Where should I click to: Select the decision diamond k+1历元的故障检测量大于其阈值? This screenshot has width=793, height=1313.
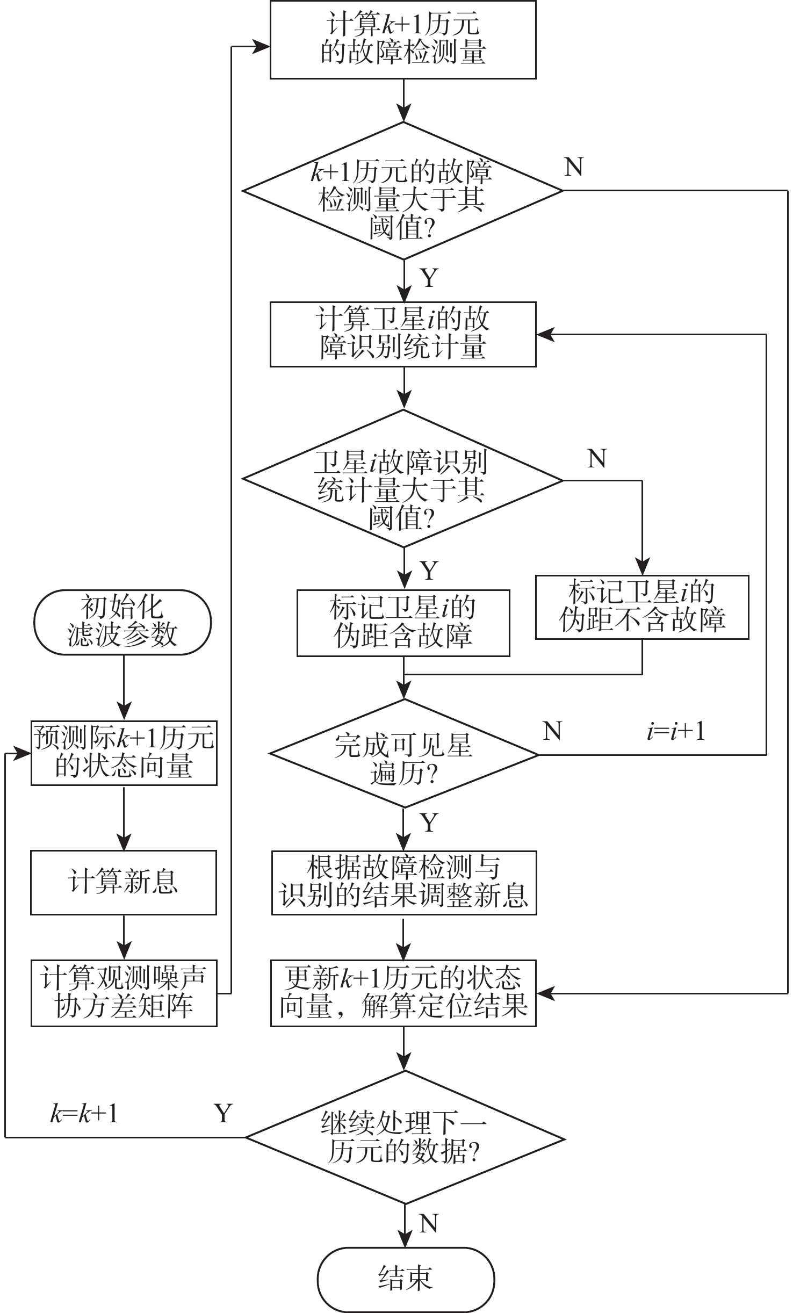pyautogui.click(x=403, y=191)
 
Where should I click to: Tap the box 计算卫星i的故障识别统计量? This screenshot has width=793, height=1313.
pyautogui.click(x=403, y=334)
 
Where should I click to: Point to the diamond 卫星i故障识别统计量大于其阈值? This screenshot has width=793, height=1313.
pyautogui.click(x=403, y=479)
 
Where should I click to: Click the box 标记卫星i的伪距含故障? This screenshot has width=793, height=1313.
pyautogui.click(x=403, y=623)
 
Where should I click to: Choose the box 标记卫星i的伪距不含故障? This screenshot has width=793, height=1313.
pyautogui.click(x=642, y=607)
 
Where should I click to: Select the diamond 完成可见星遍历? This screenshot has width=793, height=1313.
pyautogui.click(x=403, y=754)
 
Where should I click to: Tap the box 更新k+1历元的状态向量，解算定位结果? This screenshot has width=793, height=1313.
pyautogui.click(x=403, y=993)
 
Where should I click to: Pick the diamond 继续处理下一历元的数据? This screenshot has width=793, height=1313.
pyautogui.click(x=404, y=1137)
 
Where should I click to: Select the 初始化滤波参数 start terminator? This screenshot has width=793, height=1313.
pyautogui.click(x=122, y=622)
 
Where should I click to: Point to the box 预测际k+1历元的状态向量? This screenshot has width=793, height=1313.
pyautogui.click(x=124, y=753)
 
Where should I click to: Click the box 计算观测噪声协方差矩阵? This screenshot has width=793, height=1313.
pyautogui.click(x=124, y=993)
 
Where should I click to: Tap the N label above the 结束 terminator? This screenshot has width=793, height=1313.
pyautogui.click(x=428, y=1224)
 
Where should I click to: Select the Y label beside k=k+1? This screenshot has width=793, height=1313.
pyautogui.click(x=224, y=1114)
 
